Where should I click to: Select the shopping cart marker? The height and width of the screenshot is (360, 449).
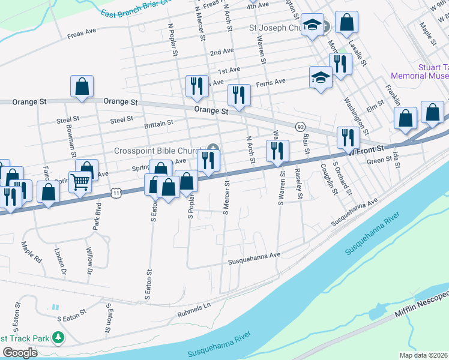click(x=79, y=181)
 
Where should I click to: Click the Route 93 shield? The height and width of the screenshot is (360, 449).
click(x=300, y=127)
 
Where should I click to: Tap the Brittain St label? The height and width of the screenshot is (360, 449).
click(x=158, y=122)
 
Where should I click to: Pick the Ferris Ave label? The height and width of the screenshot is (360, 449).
click(x=271, y=82)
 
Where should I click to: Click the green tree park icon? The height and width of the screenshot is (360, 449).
click(x=58, y=338)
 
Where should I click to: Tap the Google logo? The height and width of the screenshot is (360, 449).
click(x=20, y=353)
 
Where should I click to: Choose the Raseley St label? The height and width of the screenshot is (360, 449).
click(x=298, y=184)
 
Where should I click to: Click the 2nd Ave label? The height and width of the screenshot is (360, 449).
click(x=221, y=52)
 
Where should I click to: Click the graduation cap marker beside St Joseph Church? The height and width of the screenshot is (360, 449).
click(x=312, y=25)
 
